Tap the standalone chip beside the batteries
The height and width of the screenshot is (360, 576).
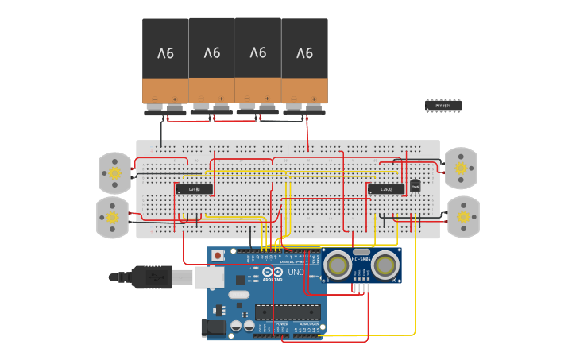coord(443,105)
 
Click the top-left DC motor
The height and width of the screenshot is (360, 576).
coord(114,172)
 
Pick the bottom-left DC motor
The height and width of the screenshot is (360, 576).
coord(113,217)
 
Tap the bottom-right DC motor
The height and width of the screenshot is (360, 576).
coord(463,217)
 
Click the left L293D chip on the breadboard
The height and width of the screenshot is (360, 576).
coord(194,189)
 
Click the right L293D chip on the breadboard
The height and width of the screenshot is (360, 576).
coord(385,189)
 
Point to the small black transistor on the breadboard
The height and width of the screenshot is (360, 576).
coord(415,186)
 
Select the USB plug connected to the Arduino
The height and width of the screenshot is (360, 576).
coord(155,277)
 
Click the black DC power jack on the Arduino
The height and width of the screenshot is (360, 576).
coord(214,327)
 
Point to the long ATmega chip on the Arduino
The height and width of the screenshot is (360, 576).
coord(288,313)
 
